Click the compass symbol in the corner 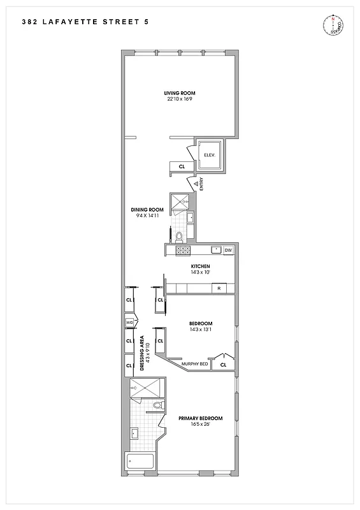[x=336, y=25]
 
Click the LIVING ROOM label [x=180, y=93]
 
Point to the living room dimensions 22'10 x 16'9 [x=180, y=99]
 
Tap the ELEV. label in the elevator [x=209, y=156]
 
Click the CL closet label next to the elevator [x=182, y=168]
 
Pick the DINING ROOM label [x=148, y=210]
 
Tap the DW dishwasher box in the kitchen [x=228, y=250]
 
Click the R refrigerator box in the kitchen [x=219, y=289]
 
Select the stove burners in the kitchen [x=182, y=250]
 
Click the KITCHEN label [x=201, y=266]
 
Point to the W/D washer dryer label [x=129, y=322]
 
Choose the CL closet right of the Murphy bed [x=223, y=365]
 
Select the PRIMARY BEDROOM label [x=200, y=418]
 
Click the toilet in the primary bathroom [x=158, y=405]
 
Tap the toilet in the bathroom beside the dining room [x=179, y=237]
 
